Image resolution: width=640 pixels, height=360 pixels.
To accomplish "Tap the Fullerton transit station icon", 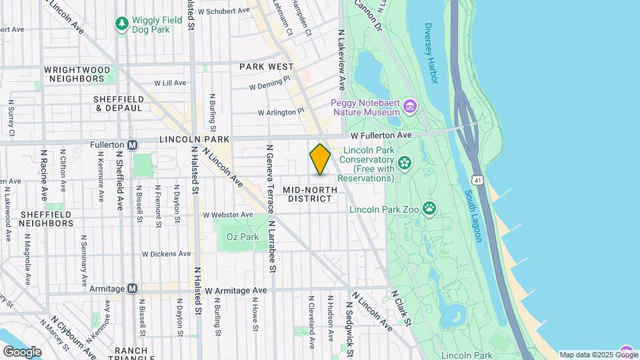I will click(x=133, y=145).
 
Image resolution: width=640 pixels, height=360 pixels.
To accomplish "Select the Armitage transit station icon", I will click(x=133, y=289).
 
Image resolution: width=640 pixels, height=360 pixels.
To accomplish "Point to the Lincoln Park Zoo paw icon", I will click(x=430, y=209).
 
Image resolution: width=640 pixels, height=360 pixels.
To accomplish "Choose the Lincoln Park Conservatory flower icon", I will click(x=404, y=163).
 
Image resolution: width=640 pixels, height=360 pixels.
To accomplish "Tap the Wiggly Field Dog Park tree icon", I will click(x=121, y=25).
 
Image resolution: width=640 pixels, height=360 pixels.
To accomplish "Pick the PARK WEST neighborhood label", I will click(x=267, y=67).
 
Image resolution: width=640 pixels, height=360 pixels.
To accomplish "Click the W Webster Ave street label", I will click(x=228, y=215).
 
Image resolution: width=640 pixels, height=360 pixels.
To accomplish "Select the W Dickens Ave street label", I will click(x=167, y=254).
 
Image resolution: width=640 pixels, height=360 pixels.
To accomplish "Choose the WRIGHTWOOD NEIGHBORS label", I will click(x=73, y=74).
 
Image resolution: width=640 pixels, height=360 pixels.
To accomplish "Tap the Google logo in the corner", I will click(x=22, y=351).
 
